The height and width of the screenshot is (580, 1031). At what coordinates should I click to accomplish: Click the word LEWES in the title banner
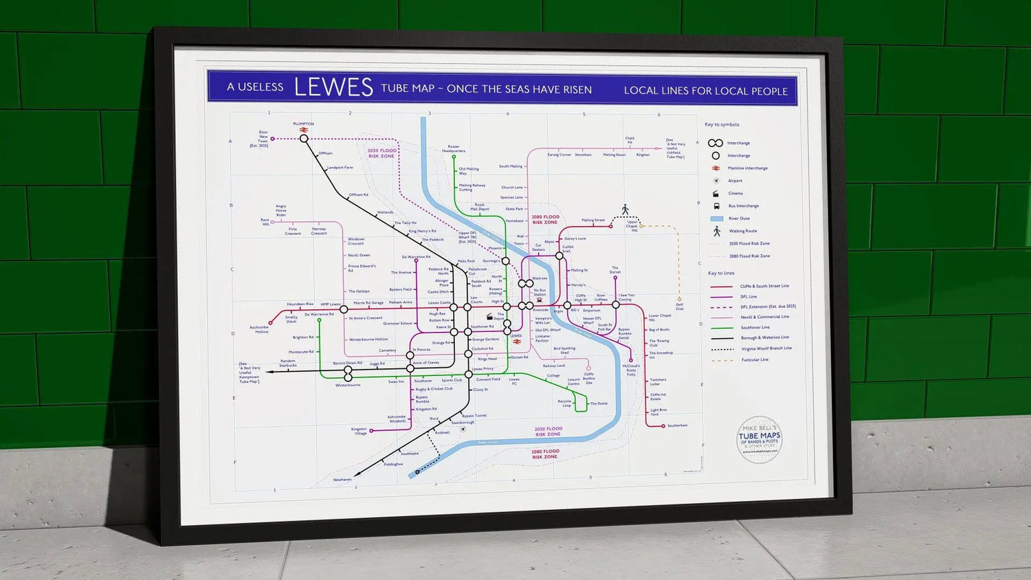click(333, 87)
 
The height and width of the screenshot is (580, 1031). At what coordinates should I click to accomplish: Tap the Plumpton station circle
click(304, 138)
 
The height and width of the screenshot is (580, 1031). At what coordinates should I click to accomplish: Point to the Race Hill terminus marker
click(273, 222)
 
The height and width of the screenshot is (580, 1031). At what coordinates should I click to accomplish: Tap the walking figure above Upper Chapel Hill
click(625, 210)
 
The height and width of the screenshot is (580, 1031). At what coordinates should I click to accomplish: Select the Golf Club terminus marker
click(679, 299)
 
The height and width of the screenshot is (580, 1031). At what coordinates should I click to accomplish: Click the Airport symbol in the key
click(716, 181)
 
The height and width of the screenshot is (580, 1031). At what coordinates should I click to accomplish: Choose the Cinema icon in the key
click(716, 193)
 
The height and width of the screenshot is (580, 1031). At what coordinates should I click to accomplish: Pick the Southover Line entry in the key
click(755, 327)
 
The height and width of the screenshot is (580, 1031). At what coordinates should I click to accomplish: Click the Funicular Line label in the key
click(755, 359)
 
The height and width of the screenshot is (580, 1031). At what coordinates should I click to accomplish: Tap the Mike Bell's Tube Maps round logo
click(760, 438)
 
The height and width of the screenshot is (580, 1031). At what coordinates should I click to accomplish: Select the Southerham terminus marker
click(663, 426)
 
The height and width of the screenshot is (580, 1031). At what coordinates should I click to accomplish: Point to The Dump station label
click(599, 403)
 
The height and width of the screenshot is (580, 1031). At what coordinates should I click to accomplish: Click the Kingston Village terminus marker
click(371, 431)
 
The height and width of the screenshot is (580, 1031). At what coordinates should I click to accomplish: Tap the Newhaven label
click(342, 480)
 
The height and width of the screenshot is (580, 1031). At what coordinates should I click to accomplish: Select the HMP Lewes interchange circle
click(344, 309)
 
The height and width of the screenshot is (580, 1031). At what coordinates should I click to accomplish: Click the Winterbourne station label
click(348, 385)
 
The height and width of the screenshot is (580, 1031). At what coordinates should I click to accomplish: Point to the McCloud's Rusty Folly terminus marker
click(631, 360)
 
